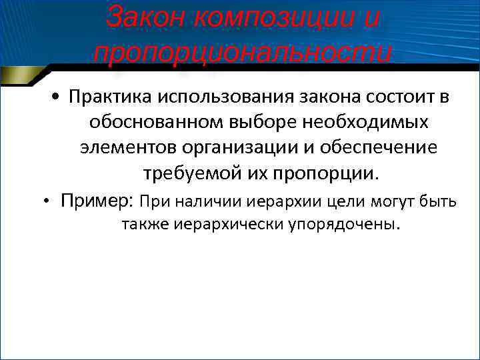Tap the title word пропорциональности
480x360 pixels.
(x=242, y=52)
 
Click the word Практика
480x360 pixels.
(x=109, y=98)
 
